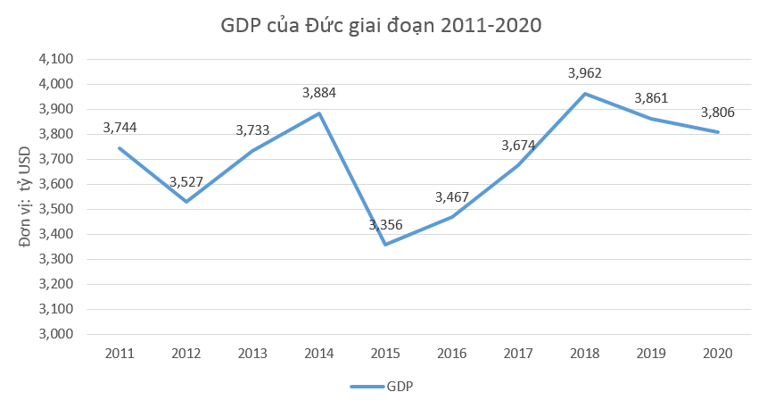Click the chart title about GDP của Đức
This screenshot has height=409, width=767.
[381, 25]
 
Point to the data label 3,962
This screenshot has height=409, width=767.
[586, 73]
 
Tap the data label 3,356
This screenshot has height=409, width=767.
[385, 224]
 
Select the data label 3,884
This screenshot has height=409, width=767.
[319, 92]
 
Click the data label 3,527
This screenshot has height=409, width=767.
[186, 182]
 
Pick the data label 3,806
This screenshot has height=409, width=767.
[718, 113]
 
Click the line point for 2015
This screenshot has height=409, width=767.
[385, 245]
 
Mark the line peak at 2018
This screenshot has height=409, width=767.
[585, 94]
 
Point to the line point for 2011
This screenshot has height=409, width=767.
[120, 148]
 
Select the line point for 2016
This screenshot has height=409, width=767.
[452, 217]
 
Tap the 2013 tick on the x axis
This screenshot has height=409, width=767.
[252, 353]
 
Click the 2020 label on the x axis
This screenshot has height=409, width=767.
[718, 353]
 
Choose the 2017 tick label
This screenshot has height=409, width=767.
[518, 353]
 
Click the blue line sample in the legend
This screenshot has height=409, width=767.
[366, 387]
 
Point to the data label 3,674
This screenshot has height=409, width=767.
[518, 145]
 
